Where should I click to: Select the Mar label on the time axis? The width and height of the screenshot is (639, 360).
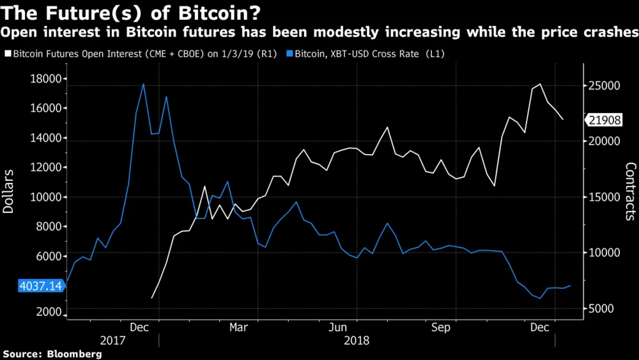238,327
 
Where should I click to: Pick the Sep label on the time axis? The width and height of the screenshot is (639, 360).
441,327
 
